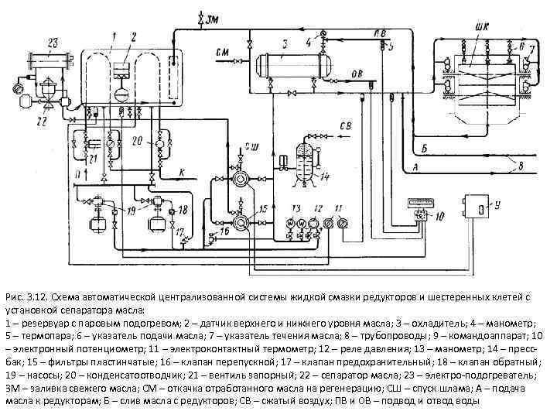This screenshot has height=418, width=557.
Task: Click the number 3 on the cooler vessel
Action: [285, 43]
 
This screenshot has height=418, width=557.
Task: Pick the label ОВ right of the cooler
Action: [357, 74]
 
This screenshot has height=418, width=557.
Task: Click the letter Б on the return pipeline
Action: [424, 147]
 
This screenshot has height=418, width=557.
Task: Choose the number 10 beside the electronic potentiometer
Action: [439, 218]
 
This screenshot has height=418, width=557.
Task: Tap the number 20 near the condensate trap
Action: [136, 141]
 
